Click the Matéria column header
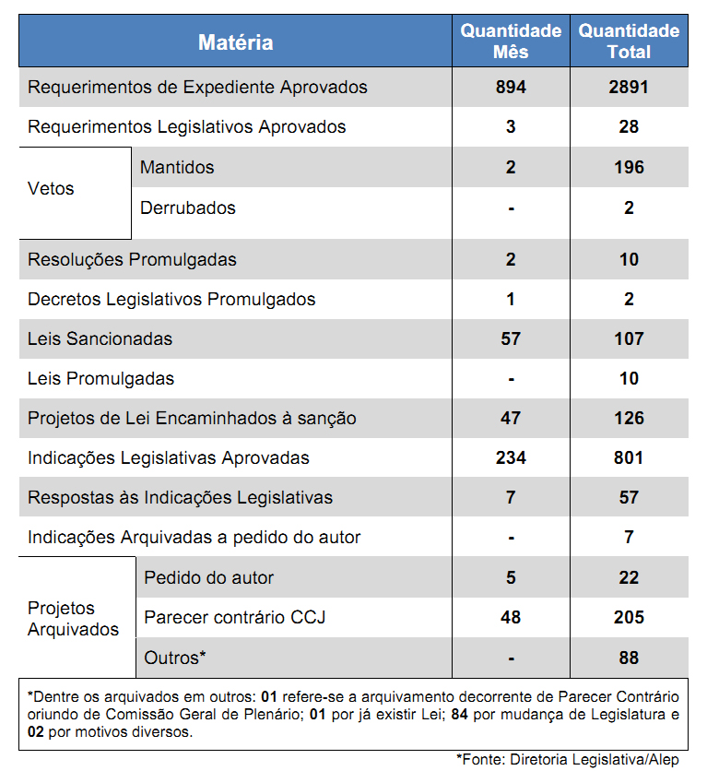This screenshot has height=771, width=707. (x=235, y=42)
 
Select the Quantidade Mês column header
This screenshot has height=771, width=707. (x=511, y=42)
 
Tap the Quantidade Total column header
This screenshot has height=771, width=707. (x=629, y=42)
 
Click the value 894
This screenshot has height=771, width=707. (x=511, y=88)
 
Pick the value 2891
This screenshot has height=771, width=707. (x=629, y=88)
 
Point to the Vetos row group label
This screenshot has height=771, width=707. (x=52, y=189)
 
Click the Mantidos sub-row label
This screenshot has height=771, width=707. (x=177, y=168)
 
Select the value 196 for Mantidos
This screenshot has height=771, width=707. (x=629, y=168)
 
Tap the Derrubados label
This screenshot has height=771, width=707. (x=188, y=208)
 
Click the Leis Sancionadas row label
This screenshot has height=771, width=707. (x=100, y=339)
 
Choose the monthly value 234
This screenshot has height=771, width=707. (x=511, y=458)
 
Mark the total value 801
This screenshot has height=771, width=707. (x=629, y=458)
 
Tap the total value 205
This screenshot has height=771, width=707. (x=629, y=617)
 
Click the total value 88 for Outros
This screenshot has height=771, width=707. (x=629, y=658)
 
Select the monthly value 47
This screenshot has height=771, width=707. (x=511, y=419)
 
